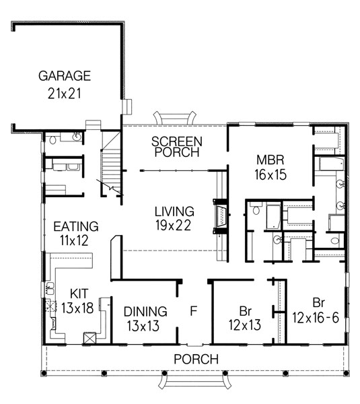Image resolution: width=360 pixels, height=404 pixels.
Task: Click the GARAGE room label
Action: pyautogui.click(x=65, y=75)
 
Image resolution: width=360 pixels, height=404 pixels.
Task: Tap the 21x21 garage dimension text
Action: pyautogui.click(x=65, y=93)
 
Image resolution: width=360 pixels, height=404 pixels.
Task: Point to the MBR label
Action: pyautogui.click(x=271, y=160)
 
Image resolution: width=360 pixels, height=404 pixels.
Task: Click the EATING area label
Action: pyautogui.click(x=75, y=226)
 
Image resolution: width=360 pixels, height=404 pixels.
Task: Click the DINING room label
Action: pyautogui.click(x=145, y=312)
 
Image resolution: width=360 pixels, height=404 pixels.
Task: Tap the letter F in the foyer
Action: pyautogui.click(x=194, y=312)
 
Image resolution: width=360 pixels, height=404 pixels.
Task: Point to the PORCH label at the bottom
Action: pyautogui.click(x=196, y=360)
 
